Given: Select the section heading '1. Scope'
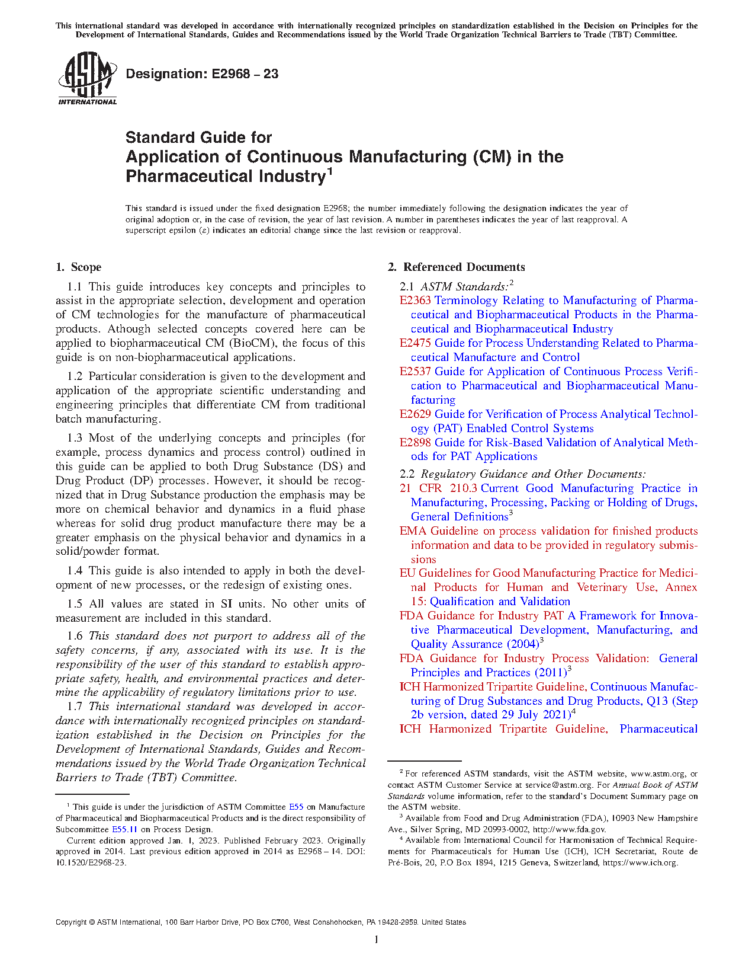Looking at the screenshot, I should point(79,267).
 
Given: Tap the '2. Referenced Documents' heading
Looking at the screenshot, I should point(457,267).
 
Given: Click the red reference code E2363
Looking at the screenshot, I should point(415,301).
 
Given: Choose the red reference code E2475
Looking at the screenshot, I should point(415,343).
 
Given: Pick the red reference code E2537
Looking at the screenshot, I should point(415,372).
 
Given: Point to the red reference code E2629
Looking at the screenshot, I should point(415,414).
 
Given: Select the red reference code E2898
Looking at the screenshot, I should point(415,443).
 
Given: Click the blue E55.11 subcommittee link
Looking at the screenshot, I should point(124,829).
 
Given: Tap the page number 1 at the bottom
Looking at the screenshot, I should point(377,939).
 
